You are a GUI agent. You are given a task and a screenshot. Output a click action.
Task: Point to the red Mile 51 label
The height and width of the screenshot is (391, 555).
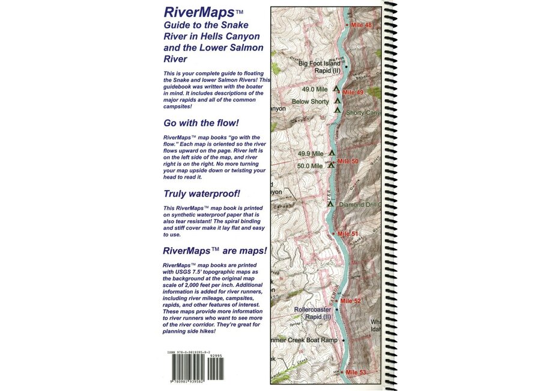(347, 233)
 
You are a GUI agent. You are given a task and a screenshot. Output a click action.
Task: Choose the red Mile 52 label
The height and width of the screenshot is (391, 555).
(350, 301)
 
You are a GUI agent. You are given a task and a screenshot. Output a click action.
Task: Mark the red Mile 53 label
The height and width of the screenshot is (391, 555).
(354, 373)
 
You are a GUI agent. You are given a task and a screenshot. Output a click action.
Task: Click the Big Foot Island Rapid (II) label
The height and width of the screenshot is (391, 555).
(320, 67)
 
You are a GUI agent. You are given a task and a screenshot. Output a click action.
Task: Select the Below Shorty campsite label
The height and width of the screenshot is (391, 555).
(310, 102)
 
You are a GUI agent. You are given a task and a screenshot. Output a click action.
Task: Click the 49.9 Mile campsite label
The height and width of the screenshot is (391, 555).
(310, 154)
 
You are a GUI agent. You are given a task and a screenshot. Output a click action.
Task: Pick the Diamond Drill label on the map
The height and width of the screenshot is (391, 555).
(360, 205)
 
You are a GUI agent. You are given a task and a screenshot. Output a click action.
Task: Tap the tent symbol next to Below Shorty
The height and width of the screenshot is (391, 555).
(337, 100)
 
